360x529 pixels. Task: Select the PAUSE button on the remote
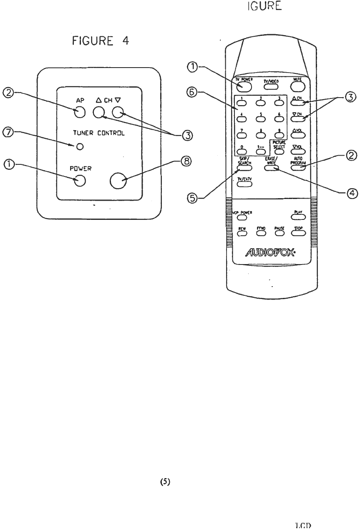tap(279, 233)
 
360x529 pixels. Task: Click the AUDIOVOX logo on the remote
tap(270, 253)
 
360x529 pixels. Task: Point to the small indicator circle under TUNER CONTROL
tap(81, 146)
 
